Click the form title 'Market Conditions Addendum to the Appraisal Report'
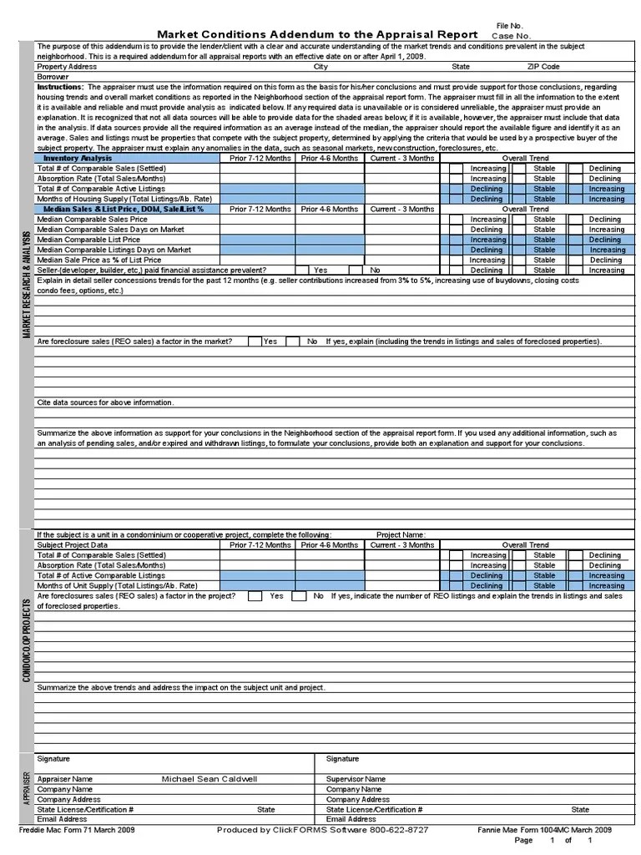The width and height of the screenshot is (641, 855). pyautogui.click(x=317, y=34)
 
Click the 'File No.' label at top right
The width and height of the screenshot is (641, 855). pyautogui.click(x=509, y=27)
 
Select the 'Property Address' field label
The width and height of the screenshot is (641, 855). pyautogui.click(x=67, y=67)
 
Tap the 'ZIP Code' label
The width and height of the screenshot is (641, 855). pyautogui.click(x=543, y=67)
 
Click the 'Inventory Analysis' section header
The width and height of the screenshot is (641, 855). pyautogui.click(x=78, y=158)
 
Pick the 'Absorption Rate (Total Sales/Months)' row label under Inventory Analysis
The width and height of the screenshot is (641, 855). pyautogui.click(x=101, y=179)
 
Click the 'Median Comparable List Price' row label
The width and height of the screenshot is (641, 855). pyautogui.click(x=87, y=240)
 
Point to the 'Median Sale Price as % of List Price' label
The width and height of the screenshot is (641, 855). pyautogui.click(x=99, y=260)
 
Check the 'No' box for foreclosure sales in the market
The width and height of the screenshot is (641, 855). pyautogui.click(x=293, y=341)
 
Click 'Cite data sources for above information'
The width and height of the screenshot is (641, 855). pyautogui.click(x=105, y=402)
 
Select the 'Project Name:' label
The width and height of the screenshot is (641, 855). pyautogui.click(x=401, y=534)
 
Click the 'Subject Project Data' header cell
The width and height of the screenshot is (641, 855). pyautogui.click(x=72, y=545)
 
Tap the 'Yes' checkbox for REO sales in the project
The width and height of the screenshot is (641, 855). pyautogui.click(x=255, y=596)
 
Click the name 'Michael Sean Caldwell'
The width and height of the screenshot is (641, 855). pyautogui.click(x=209, y=778)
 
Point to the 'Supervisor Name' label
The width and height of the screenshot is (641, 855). pyautogui.click(x=356, y=778)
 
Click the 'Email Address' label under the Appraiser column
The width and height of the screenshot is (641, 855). pyautogui.click(x=62, y=819)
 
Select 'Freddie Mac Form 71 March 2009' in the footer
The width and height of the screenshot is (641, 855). pyautogui.click(x=77, y=830)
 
